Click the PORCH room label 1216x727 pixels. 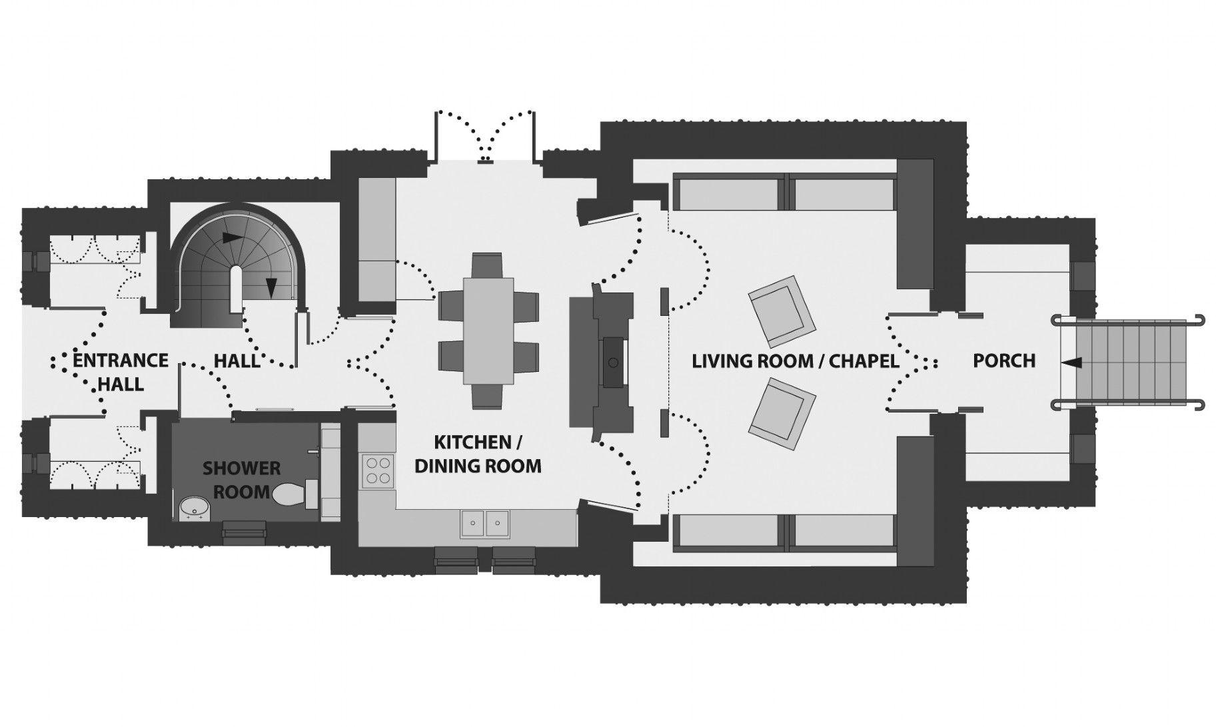(1004, 361)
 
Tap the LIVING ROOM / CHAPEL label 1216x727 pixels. (796, 361)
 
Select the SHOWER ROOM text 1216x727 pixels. (241, 480)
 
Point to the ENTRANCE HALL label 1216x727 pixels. (120, 371)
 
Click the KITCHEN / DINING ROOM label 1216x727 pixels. (478, 453)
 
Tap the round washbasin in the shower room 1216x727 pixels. (194, 509)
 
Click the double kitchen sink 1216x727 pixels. (484, 523)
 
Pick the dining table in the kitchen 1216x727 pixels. (489, 331)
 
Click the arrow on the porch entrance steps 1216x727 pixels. (1072, 362)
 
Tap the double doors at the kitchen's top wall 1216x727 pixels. (484, 137)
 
